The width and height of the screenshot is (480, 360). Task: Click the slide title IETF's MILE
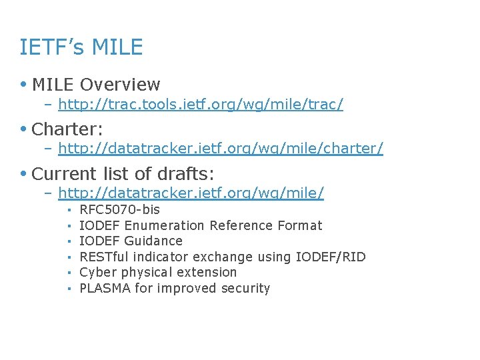point(81,47)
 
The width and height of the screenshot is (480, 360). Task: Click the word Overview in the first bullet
point(120,85)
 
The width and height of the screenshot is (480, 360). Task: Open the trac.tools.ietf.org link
point(201,104)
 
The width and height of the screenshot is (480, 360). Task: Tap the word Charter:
point(67,129)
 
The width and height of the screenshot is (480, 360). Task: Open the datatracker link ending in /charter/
point(221,149)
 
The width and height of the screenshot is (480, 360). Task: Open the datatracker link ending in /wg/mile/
point(191,193)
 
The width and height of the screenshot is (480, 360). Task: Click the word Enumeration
point(165,225)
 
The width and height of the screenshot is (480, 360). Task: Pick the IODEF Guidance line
point(131,241)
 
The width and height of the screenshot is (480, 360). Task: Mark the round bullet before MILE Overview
point(24,85)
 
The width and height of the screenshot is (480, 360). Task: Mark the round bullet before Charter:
point(24,129)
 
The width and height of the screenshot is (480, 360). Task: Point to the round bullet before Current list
point(24,174)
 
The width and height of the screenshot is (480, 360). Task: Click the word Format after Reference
point(299,225)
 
